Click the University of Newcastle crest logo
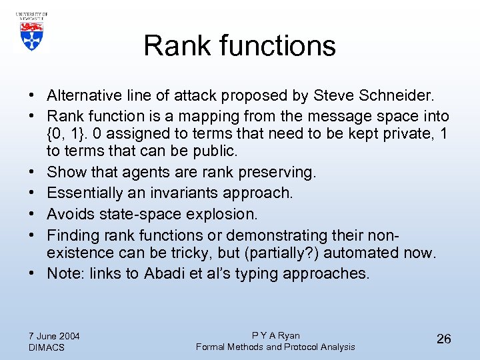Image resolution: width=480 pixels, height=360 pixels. tap(30, 31)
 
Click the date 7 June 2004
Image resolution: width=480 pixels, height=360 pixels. tap(55, 335)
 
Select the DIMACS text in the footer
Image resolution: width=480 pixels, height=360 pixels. tap(47, 347)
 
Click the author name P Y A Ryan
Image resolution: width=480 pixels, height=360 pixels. tap(275, 335)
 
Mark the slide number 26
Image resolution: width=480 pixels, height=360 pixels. tap(443, 339)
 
